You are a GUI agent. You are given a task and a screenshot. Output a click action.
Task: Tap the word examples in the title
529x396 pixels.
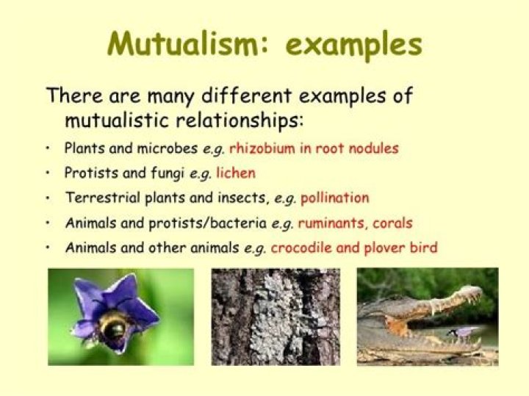[354, 46]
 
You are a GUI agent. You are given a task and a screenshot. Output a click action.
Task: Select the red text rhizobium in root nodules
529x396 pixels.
[314, 148]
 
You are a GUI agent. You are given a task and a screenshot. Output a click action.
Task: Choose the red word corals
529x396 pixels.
[392, 223]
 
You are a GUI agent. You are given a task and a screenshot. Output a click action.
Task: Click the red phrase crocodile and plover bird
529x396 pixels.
[354, 248]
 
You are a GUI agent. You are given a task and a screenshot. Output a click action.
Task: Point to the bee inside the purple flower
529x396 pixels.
[115, 329]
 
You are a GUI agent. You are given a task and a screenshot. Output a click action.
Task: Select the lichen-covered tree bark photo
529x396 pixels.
[276, 316]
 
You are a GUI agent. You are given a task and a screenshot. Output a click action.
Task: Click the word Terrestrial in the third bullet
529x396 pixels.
[101, 198]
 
